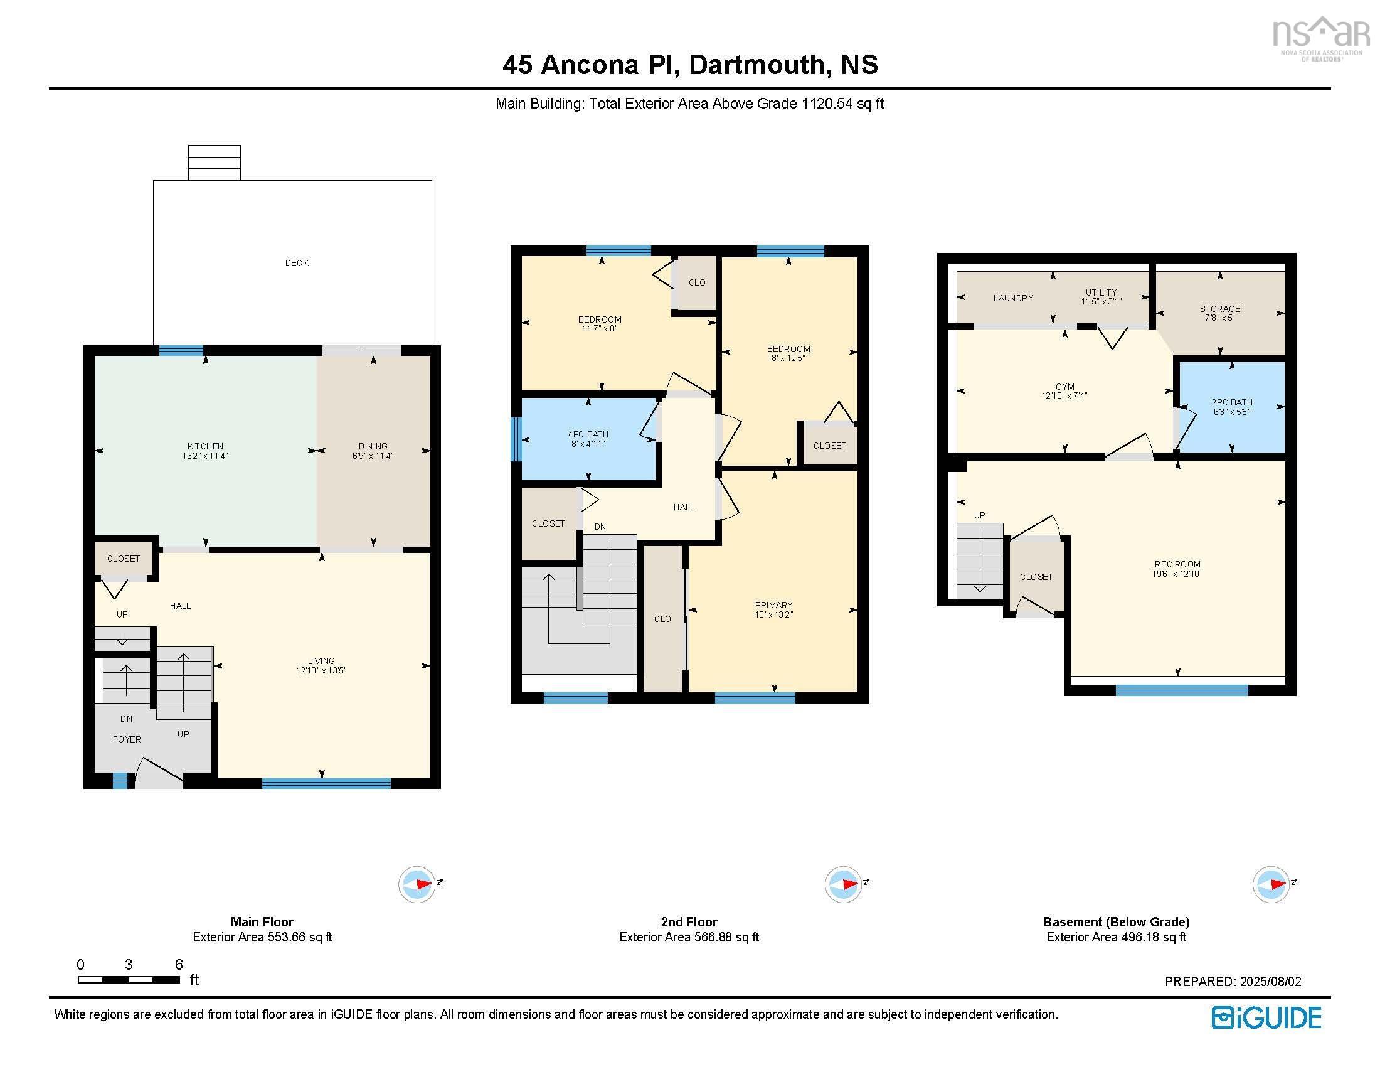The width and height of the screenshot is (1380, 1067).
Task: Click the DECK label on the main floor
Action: tap(296, 263)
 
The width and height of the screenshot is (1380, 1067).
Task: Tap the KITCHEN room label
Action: tap(205, 446)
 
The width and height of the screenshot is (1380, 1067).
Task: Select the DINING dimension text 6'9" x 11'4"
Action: tap(373, 456)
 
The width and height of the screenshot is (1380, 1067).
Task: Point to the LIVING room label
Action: tap(321, 660)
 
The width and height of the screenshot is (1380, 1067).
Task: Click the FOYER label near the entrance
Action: tap(126, 739)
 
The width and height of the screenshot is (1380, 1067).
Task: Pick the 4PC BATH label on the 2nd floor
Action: tap(588, 434)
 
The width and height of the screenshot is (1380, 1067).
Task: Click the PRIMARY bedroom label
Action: tap(773, 605)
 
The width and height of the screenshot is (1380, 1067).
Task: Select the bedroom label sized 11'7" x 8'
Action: tap(599, 319)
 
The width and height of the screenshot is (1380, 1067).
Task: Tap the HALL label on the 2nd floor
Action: tap(683, 507)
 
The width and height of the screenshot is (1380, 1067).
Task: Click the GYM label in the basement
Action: tap(1064, 387)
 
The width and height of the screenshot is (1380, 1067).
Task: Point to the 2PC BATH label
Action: tap(1231, 402)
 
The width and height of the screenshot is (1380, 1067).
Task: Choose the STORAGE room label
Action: tap(1219, 308)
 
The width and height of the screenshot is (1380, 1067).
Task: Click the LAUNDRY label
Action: tap(1012, 298)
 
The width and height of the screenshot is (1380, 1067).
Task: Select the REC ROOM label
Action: tap(1177, 564)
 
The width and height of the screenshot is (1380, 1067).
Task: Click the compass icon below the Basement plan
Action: tap(1270, 884)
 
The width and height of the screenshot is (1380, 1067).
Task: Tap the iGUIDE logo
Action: tap(1266, 1017)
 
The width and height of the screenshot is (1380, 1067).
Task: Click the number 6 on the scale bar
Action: tap(179, 964)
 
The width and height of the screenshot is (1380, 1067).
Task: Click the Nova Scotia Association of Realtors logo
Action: tap(1320, 38)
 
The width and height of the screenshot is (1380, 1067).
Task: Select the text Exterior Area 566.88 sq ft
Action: tap(689, 937)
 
